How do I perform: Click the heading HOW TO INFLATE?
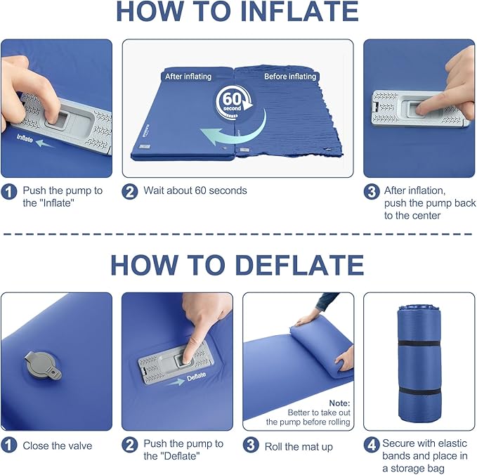point(237,13)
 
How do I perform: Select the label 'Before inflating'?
point(289,76)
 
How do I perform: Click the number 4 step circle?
point(372,445)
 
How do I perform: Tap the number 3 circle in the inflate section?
point(372,191)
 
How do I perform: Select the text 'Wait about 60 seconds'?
point(195,190)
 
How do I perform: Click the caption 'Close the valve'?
point(57,445)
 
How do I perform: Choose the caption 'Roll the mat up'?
point(299,446)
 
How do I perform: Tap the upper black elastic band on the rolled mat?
point(419,344)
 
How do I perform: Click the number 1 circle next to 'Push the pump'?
point(10,191)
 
